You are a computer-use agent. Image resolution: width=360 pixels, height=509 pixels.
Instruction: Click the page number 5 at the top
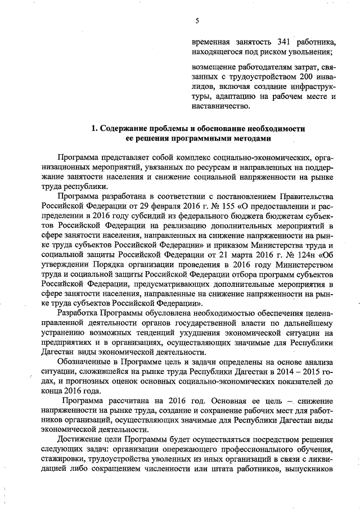pos(197,21)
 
